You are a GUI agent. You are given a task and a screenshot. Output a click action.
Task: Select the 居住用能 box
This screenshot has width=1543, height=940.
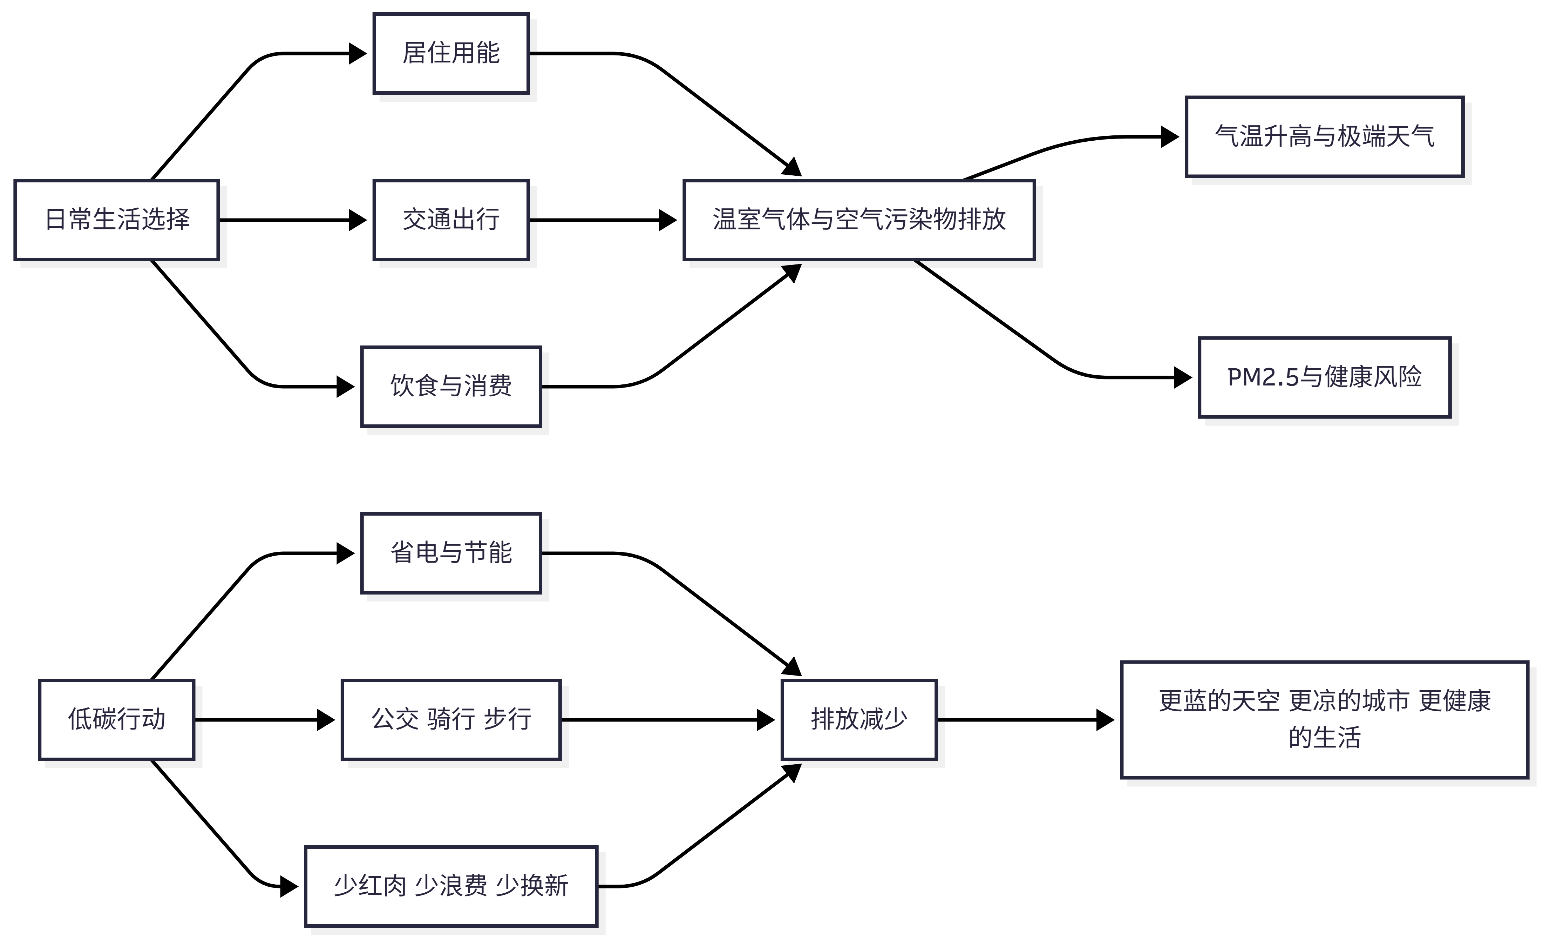451,53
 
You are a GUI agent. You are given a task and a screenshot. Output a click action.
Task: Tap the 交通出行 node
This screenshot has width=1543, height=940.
451,220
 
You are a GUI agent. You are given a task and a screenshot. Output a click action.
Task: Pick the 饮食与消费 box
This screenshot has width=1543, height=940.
451,386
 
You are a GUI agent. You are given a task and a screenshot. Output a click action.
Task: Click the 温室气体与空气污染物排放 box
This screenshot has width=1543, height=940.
858,220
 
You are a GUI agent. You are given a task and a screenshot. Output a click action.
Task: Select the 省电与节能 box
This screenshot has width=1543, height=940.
451,553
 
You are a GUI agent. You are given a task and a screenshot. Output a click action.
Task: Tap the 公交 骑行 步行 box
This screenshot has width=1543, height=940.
451,719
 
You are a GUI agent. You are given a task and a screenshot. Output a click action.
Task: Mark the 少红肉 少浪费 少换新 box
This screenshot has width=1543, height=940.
451,886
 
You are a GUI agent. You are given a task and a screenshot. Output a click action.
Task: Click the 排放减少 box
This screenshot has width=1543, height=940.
858,719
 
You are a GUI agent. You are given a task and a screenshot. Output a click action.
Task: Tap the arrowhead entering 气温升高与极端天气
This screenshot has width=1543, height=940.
1170,136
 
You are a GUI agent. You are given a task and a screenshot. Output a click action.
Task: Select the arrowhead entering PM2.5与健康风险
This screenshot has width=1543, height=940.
1182,377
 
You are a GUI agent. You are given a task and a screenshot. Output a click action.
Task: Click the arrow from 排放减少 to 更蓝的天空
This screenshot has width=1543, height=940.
1027,719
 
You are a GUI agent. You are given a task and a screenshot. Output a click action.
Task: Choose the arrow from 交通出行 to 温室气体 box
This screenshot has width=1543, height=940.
601,220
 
